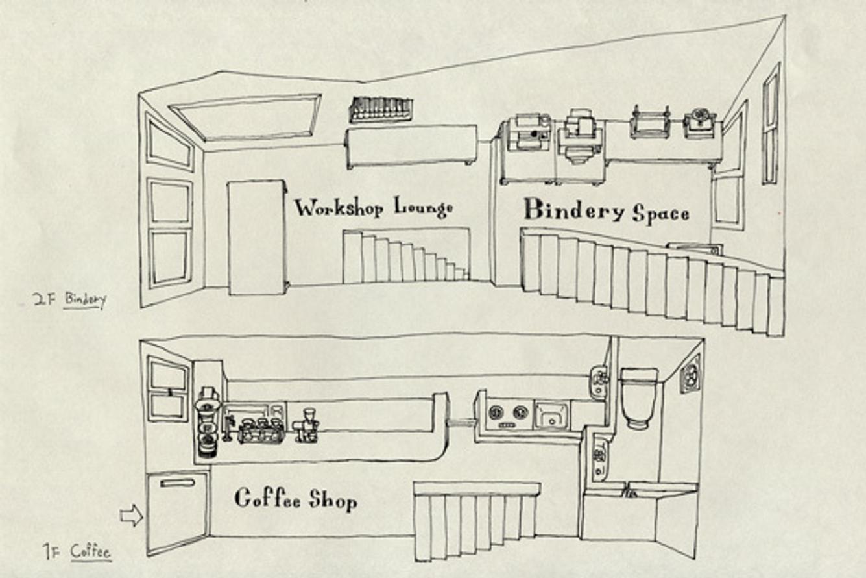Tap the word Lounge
(x=423, y=208)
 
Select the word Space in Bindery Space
(x=660, y=213)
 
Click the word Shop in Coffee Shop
(x=333, y=500)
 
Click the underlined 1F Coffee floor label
(x=77, y=552)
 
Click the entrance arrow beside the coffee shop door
(x=130, y=516)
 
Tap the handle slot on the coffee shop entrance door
(x=178, y=483)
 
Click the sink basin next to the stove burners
(x=551, y=414)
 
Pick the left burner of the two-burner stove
(x=496, y=412)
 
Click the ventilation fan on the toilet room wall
(x=690, y=375)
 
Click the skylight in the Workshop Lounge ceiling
(x=247, y=117)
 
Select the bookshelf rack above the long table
(x=381, y=110)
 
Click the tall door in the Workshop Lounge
(x=256, y=238)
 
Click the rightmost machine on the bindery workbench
(x=700, y=123)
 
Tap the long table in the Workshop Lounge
(x=411, y=145)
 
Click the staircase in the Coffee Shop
(x=476, y=520)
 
